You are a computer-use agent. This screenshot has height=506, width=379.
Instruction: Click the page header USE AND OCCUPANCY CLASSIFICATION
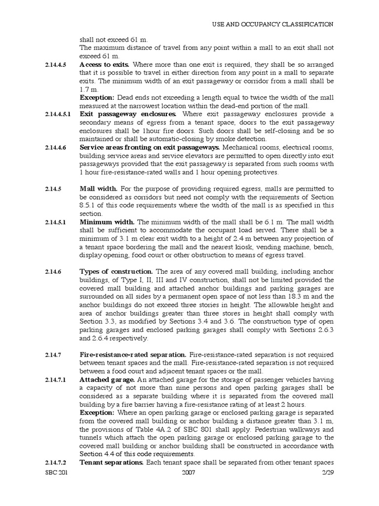coord(272,24)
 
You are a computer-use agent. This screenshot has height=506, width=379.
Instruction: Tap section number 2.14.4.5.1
coord(58,114)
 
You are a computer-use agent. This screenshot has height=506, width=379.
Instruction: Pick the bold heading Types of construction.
coord(116,272)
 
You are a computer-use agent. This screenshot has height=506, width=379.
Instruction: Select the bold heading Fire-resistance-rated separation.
coord(133,355)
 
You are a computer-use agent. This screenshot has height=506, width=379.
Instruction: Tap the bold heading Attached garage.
coord(108,379)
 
